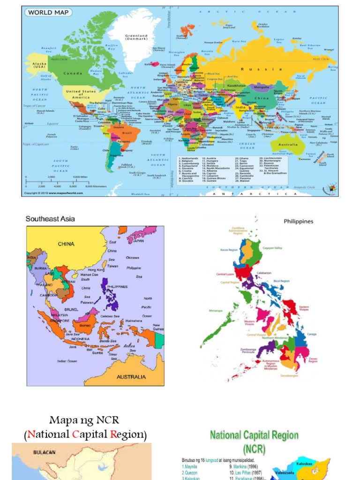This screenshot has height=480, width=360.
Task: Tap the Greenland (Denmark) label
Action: coord(136,37)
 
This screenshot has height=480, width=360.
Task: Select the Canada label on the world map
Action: coord(73,73)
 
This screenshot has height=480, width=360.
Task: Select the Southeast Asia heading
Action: coord(50,219)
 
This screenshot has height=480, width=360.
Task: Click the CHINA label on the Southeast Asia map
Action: coord(66,244)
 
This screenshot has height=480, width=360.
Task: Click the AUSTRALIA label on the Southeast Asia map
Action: coord(131,376)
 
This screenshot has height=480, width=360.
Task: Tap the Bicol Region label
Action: coord(283,281)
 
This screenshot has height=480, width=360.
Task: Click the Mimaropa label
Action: coord(215,310)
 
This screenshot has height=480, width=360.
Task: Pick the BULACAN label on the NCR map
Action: coord(44,452)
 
